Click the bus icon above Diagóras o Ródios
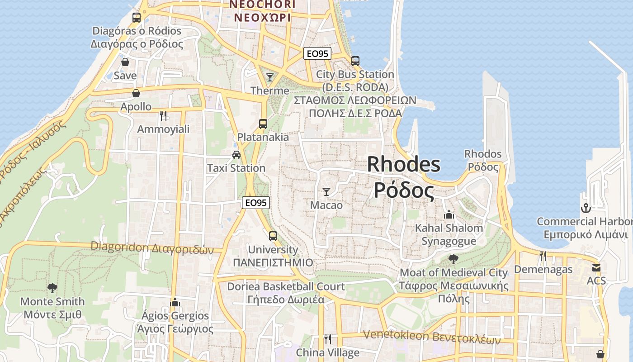click(136, 18)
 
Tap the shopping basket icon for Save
click(125, 62)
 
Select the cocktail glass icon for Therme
click(270, 77)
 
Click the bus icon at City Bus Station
click(355, 61)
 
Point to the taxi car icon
click(236, 155)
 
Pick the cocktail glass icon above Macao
click(326, 192)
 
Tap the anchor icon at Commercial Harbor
click(586, 208)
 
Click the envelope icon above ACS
click(596, 268)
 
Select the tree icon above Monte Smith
click(52, 288)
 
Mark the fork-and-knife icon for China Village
click(328, 339)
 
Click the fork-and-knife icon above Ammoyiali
click(163, 116)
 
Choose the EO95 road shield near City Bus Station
click(317, 54)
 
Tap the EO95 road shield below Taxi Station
click(256, 203)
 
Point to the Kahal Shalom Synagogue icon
click(449, 214)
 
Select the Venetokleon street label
click(432, 337)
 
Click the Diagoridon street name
click(152, 247)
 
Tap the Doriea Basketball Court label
click(286, 286)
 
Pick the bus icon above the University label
click(273, 236)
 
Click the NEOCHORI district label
click(262, 5)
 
